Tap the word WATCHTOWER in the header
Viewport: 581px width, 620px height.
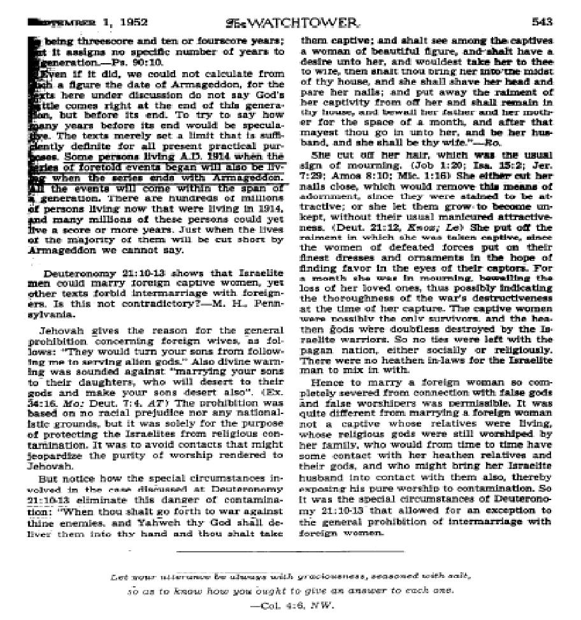pos(308,22)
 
